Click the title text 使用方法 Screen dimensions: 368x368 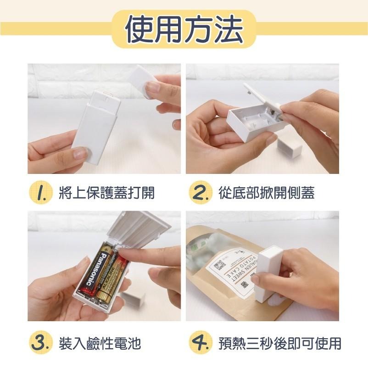tap(184, 28)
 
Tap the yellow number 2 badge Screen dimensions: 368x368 tap(201, 193)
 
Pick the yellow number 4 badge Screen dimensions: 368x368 tap(201, 342)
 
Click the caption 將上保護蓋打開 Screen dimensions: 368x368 tap(107, 193)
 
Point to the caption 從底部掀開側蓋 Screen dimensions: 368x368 tap(266, 193)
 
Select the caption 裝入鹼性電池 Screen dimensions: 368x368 tap(100, 342)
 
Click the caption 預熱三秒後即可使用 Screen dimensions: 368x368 tap(279, 342)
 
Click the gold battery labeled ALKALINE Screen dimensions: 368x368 tap(113, 280)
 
